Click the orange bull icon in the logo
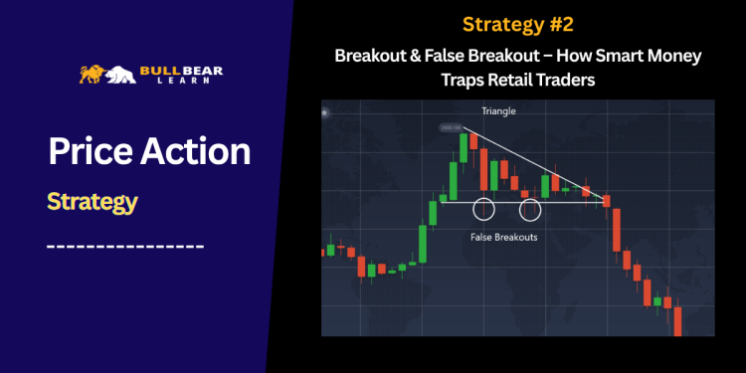click(92, 73)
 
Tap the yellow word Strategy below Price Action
click(92, 202)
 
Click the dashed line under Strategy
click(125, 245)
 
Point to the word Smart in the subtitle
click(614, 57)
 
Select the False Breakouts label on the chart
click(503, 238)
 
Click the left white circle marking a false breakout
click(484, 209)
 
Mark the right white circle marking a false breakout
click(530, 209)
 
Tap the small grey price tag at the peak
click(450, 128)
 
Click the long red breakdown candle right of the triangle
click(617, 228)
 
